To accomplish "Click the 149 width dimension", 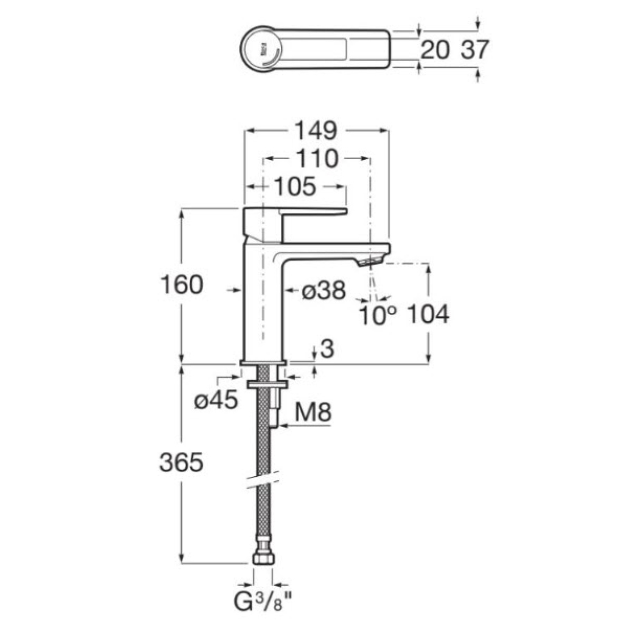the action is click(316, 131).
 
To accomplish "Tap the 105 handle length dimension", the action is click(295, 186).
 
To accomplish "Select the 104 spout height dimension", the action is click(428, 314).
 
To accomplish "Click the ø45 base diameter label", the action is click(216, 400).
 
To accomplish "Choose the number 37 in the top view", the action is click(475, 50).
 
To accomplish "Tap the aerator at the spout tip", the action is click(370, 261).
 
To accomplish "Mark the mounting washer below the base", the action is click(268, 384).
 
